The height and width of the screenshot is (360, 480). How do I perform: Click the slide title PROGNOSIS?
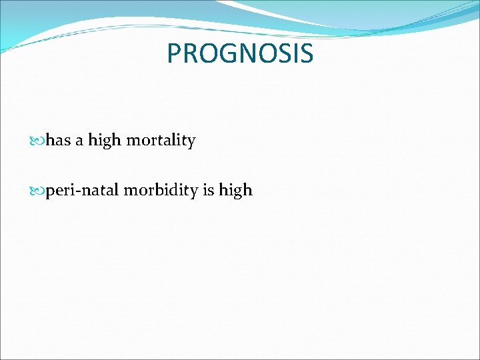tap(240, 53)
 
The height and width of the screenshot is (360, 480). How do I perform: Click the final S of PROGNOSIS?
tap(305, 53)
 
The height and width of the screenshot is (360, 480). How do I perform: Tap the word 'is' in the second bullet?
tap(208, 191)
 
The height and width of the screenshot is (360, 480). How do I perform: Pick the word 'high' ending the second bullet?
tap(236, 191)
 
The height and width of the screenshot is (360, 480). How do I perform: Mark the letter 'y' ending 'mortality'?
tap(191, 143)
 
